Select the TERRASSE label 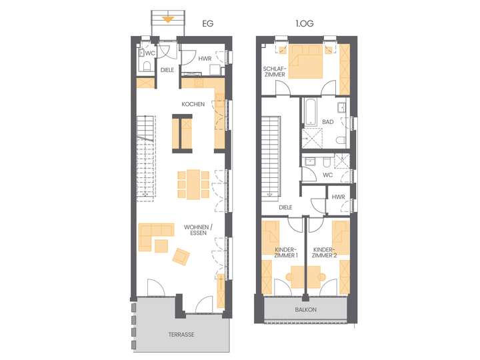point(181,335)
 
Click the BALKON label point(305,310)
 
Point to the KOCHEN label point(193,104)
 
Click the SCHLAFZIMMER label point(275,71)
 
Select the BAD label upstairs point(327,122)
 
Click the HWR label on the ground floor point(205,59)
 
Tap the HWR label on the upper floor point(338,197)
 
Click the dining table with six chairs point(193,184)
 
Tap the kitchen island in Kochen point(181,132)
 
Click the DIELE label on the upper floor point(286,207)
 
